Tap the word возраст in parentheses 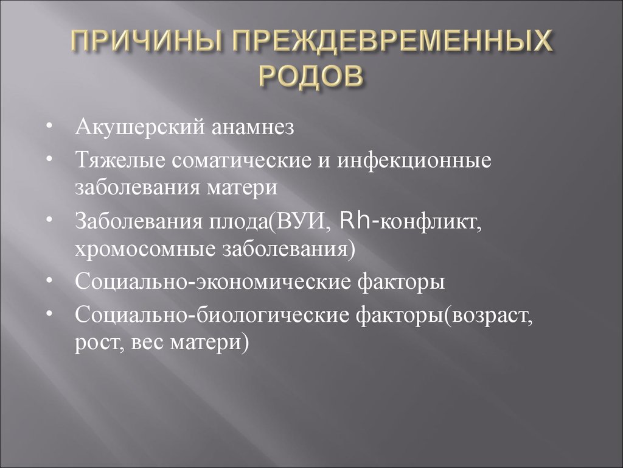(492, 315)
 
